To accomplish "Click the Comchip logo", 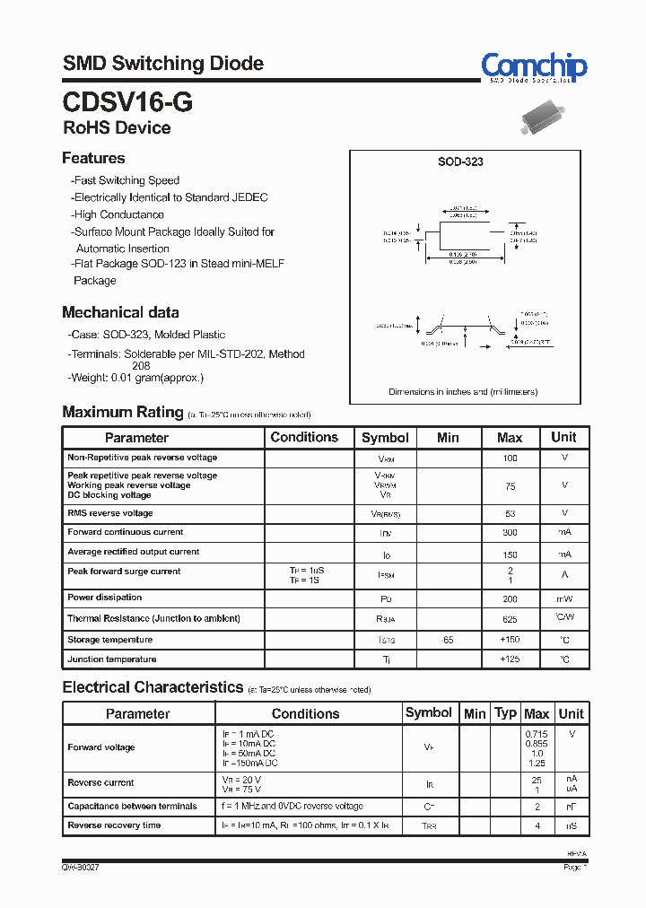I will coord(534,67).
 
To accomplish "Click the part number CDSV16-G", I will coord(127,100).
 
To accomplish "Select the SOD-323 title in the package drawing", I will coord(460,162).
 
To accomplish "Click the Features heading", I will coord(93,158).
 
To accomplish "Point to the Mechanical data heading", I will coord(120,312).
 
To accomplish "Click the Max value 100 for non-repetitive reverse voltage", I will coord(510,458).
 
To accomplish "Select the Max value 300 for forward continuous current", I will coord(510,532).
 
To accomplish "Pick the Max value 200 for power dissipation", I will coord(510,598).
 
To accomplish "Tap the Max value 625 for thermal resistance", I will coord(510,619).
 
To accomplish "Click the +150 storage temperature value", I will coord(510,640).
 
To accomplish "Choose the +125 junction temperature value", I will coord(510,659).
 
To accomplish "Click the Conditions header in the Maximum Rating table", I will coord(304,437).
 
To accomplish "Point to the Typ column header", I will coord(506,712).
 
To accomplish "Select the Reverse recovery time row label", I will coord(114,825).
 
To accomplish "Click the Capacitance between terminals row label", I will coord(132,806).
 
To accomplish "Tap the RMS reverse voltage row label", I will coord(110,513).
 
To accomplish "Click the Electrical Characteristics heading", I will coord(153,687).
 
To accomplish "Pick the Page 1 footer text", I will coord(575,868).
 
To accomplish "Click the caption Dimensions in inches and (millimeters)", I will coord(462,392).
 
